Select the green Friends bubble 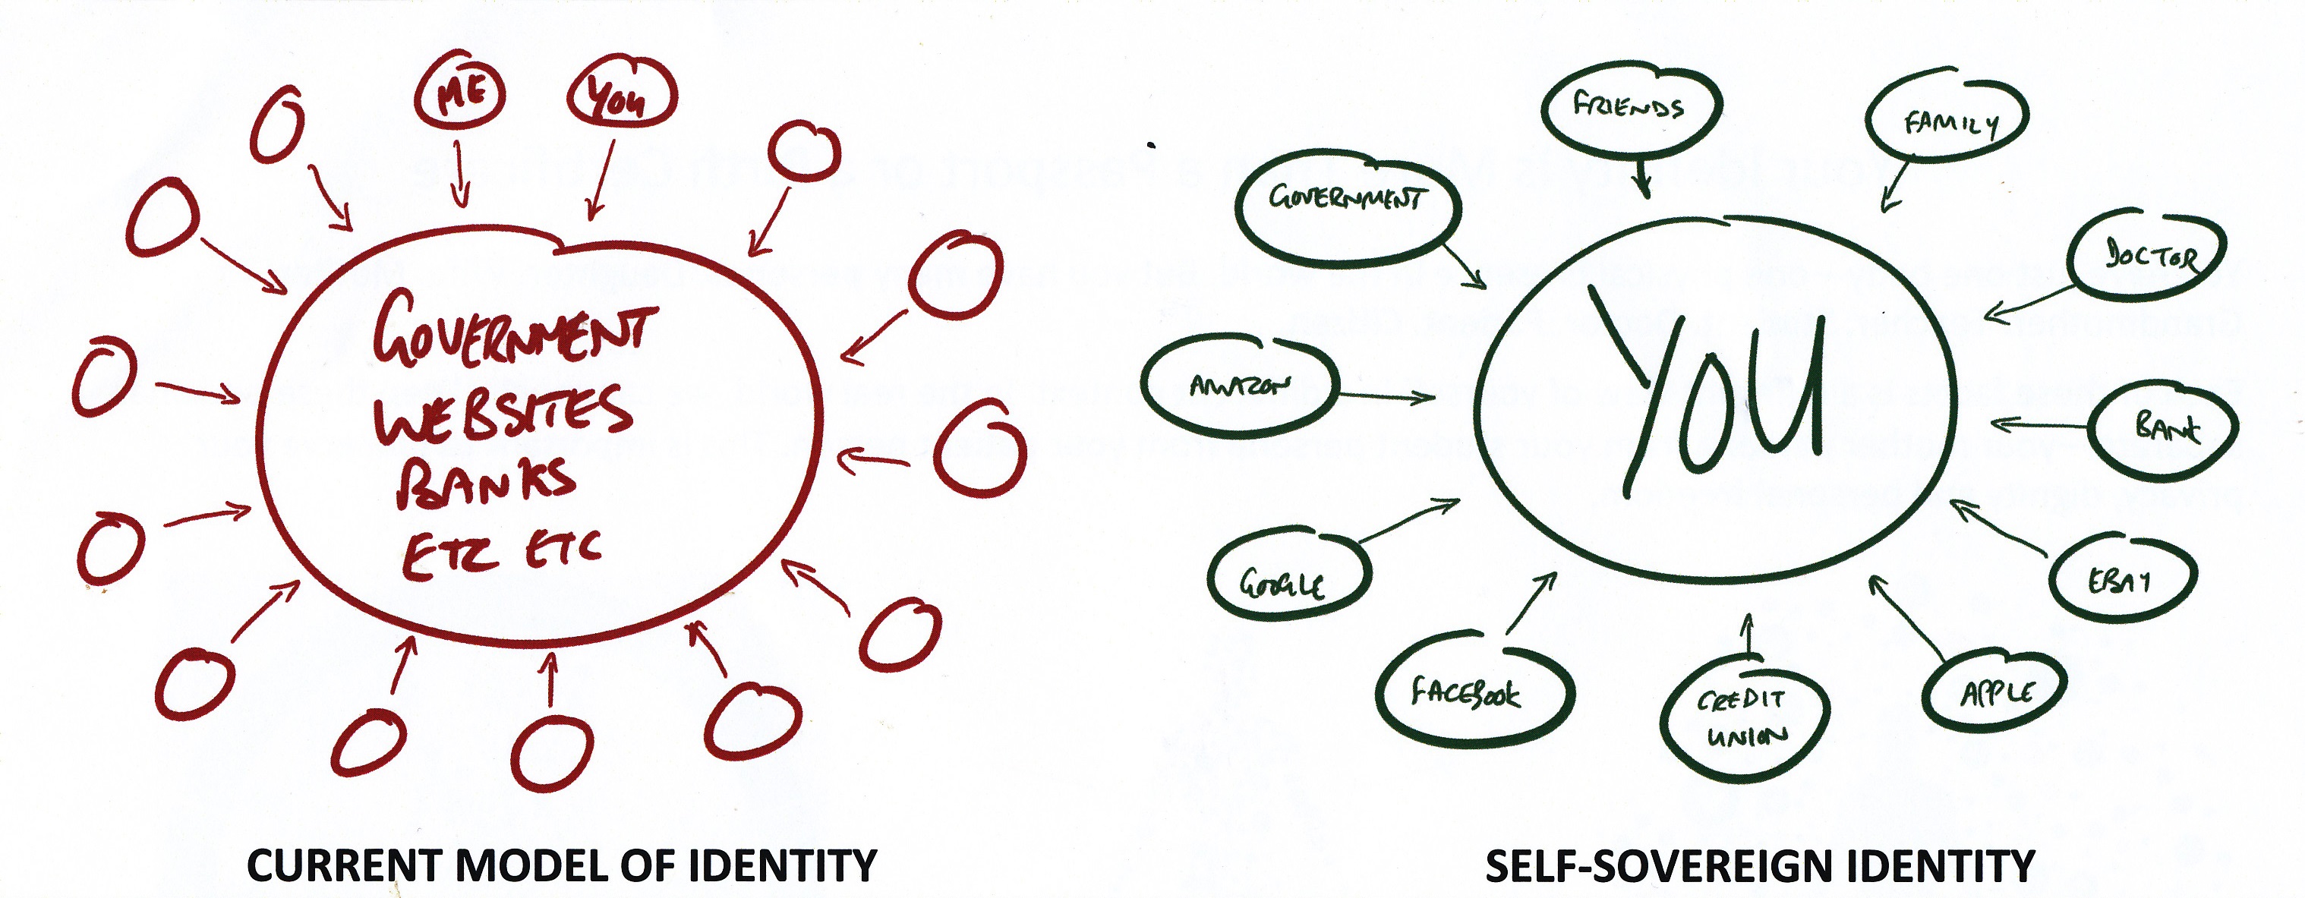[1630, 109]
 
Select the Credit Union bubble [1745, 717]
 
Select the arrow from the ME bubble [460, 175]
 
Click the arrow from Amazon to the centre [1387, 396]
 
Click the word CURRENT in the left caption [344, 866]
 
